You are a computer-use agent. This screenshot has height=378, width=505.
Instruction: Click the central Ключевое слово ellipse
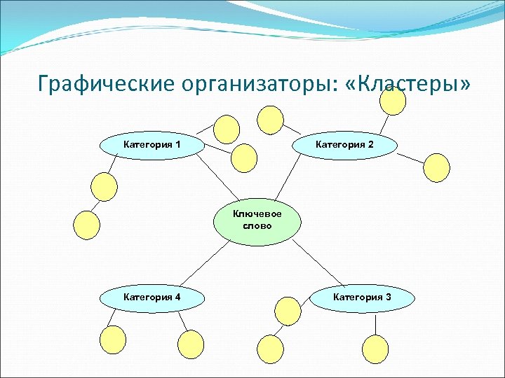click(x=257, y=220)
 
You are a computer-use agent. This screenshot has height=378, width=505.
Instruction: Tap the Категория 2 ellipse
click(x=344, y=145)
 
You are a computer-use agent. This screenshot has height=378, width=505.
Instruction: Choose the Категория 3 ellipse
click(x=362, y=297)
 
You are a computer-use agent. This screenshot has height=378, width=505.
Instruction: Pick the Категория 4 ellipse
click(x=152, y=297)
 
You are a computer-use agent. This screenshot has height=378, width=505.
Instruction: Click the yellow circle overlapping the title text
click(x=393, y=101)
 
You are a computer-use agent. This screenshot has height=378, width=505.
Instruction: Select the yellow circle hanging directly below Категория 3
click(x=375, y=348)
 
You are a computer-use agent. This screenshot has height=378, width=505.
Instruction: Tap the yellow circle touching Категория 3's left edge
click(x=288, y=309)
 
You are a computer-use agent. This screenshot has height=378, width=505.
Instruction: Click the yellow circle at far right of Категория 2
click(x=436, y=168)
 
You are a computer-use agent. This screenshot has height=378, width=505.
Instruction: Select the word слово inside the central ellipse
click(x=257, y=226)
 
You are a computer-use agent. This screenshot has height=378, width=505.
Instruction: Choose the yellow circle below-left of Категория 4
click(x=113, y=341)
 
